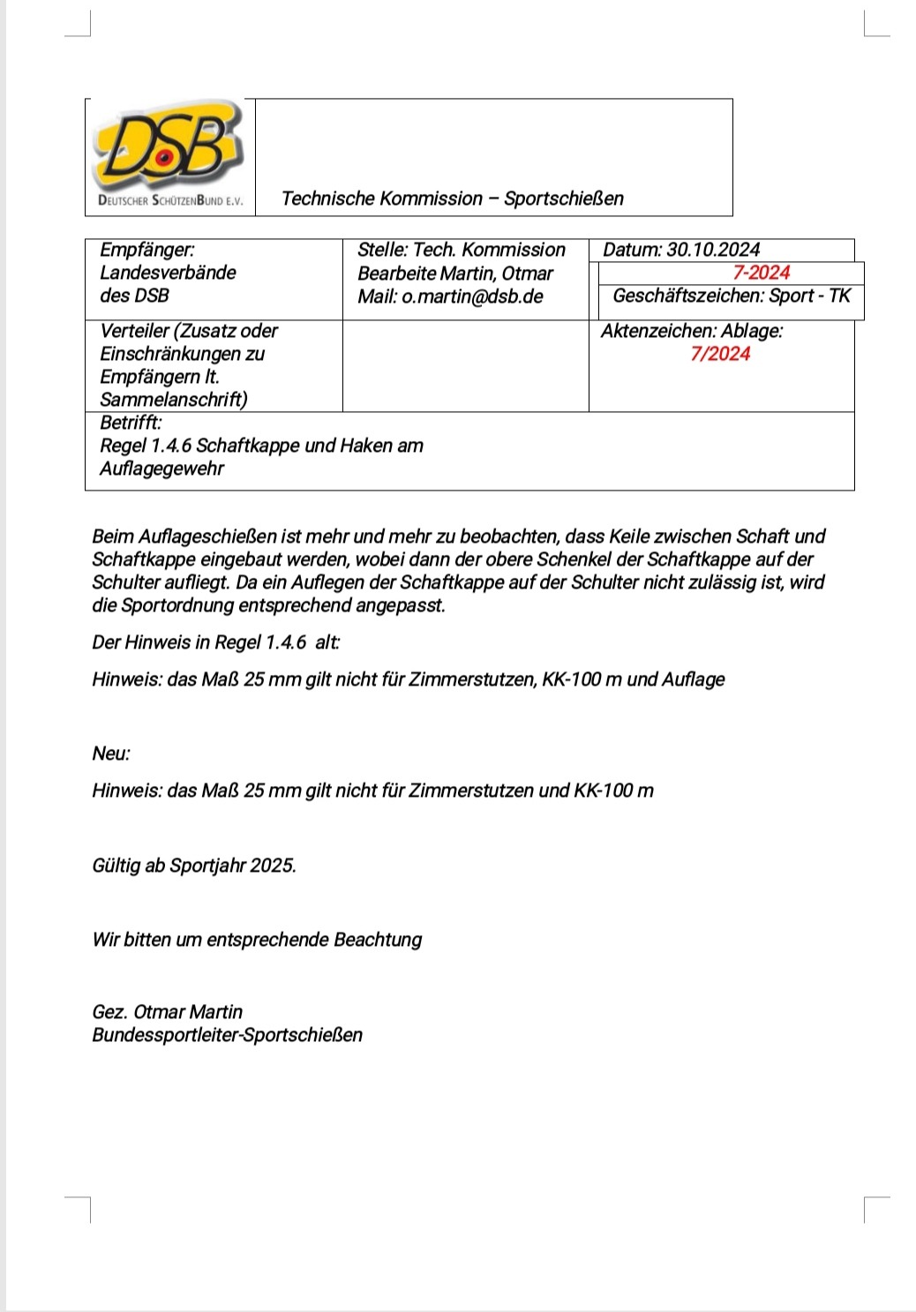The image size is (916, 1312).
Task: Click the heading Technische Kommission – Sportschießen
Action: [x=452, y=199]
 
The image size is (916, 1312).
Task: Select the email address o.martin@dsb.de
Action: [x=472, y=296]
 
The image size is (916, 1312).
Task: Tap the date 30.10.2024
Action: [x=713, y=250]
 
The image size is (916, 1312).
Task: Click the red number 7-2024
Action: [x=762, y=273]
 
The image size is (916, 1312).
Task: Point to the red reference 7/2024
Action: [x=720, y=354]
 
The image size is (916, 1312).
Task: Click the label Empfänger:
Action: [x=146, y=250]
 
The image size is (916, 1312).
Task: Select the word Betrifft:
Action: [x=131, y=423]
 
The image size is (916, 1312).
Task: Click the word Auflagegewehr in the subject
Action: [x=161, y=469]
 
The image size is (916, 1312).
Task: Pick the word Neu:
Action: [x=111, y=753]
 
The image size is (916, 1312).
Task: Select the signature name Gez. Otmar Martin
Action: [x=167, y=1012]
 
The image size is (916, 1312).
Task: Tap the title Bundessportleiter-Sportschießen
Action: [x=227, y=1035]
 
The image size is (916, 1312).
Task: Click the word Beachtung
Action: [x=378, y=940]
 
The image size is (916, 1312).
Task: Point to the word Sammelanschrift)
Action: [x=173, y=400]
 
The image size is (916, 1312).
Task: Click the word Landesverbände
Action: [x=168, y=273]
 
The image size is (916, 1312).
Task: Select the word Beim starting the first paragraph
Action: [x=113, y=536]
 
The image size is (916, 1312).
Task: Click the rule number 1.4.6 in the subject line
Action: [x=169, y=446]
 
